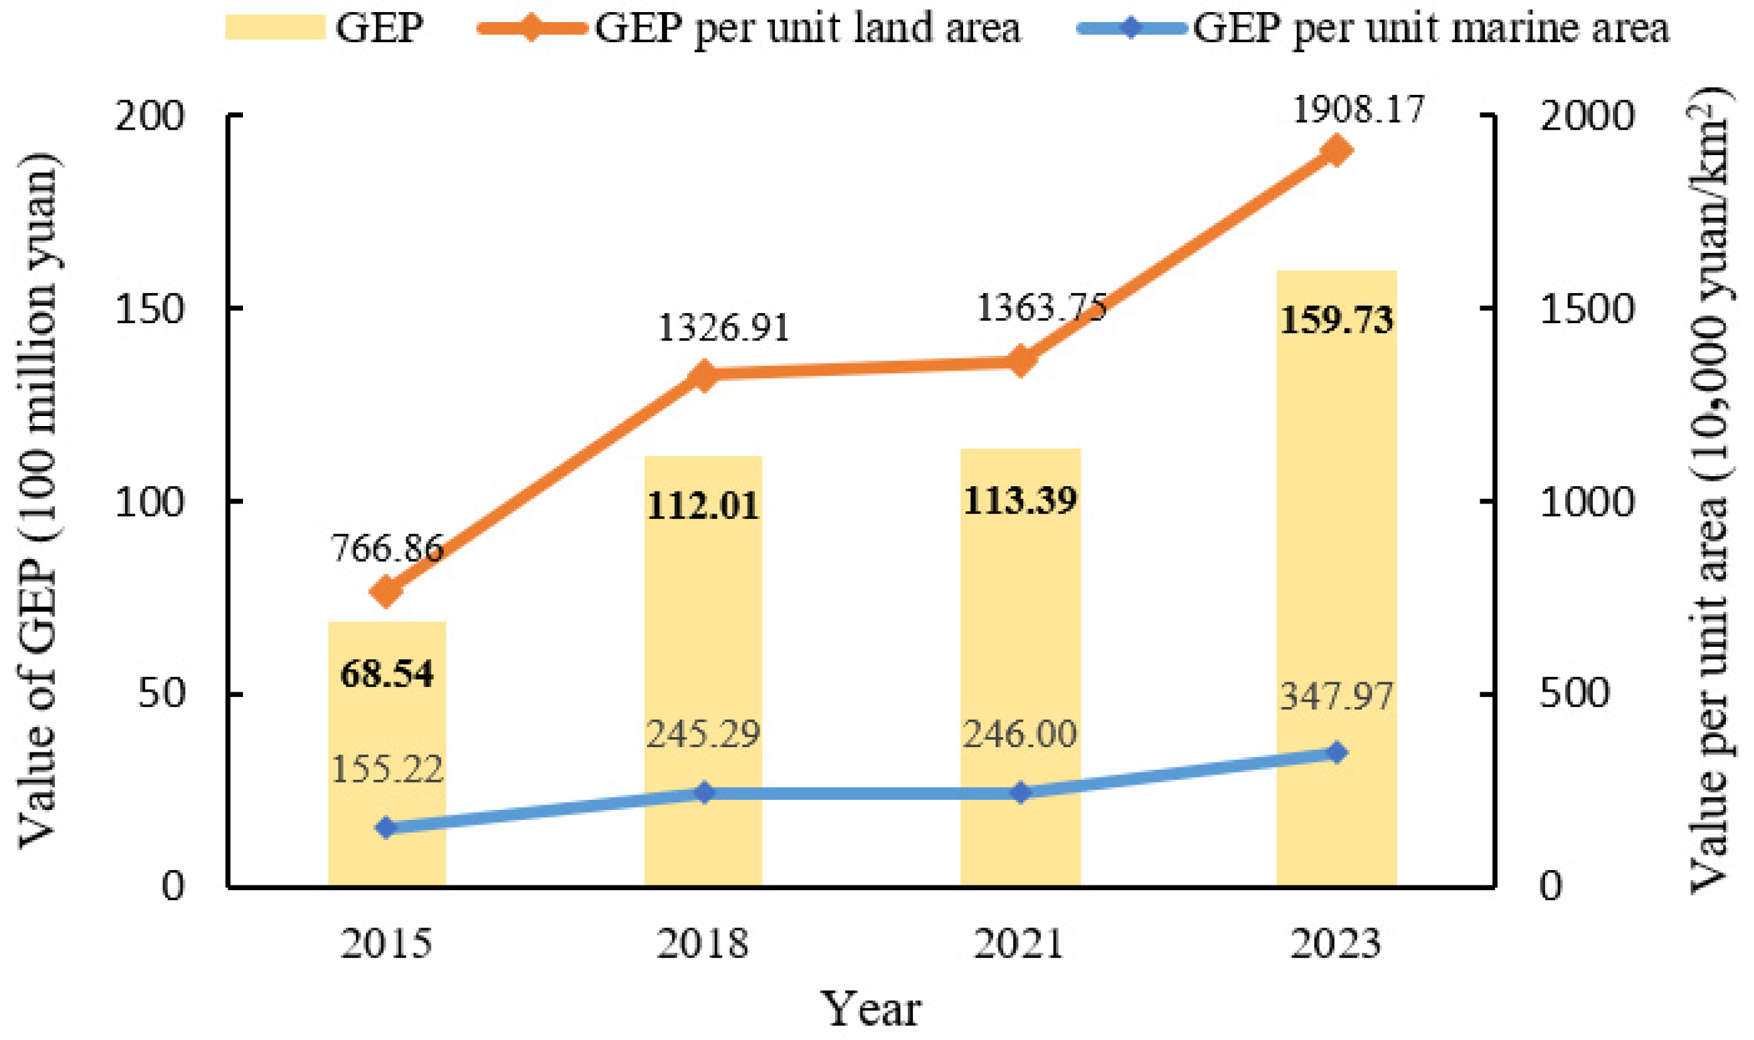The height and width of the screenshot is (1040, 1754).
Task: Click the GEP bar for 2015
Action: click(387, 754)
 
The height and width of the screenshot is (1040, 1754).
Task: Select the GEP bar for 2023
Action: click(1336, 579)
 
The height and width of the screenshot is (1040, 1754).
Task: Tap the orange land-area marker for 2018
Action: click(704, 377)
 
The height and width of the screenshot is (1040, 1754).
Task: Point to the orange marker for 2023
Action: click(1336, 150)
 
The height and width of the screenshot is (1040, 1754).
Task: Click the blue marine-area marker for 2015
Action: click(386, 828)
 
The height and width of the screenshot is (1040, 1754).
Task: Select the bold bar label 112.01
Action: click(703, 505)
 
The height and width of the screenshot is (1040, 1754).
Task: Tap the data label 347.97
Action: click(1337, 697)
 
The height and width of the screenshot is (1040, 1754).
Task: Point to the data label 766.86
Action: click(387, 547)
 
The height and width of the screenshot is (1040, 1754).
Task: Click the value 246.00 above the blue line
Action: click(1020, 734)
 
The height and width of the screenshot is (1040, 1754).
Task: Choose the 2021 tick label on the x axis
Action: click(1020, 943)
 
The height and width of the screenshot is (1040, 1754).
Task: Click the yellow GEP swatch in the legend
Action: click(276, 27)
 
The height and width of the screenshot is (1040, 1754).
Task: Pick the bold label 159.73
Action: click(1337, 320)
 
